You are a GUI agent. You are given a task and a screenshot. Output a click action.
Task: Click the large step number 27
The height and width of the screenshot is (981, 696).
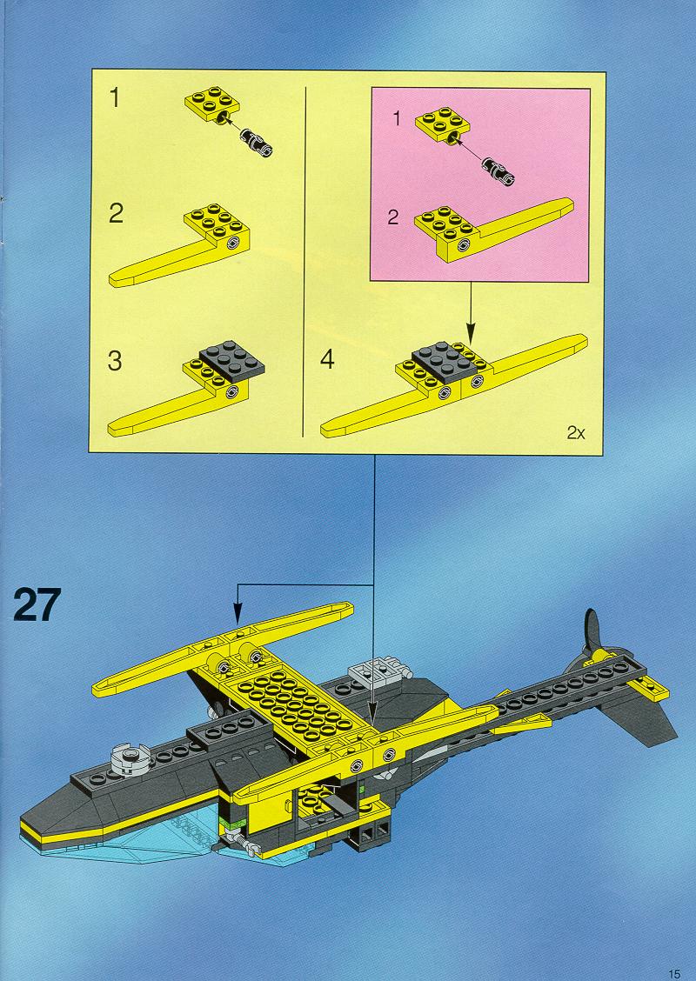pos(37,604)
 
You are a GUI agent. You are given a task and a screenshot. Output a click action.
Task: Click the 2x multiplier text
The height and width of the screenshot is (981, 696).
pos(576,432)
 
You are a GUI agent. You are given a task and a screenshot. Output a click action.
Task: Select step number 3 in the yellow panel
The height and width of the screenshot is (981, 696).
pos(115,361)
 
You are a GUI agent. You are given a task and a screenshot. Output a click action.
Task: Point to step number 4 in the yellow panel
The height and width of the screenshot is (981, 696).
pos(327,359)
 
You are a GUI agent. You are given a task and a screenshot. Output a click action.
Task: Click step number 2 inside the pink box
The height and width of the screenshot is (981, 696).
pos(393,217)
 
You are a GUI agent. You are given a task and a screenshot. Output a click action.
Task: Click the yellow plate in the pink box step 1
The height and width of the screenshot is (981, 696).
pos(443,125)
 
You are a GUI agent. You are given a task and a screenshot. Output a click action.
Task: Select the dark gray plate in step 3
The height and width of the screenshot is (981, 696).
pos(231,360)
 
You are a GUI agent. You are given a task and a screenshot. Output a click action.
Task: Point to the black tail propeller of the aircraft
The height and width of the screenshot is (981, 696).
pos(592,632)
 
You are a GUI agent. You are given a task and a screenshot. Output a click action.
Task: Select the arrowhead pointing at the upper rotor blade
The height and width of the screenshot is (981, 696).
pos(238,614)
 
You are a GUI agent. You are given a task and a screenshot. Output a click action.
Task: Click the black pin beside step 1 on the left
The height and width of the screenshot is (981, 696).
pos(256,143)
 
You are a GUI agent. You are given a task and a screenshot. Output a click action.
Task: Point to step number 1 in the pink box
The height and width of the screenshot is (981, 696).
pos(396,118)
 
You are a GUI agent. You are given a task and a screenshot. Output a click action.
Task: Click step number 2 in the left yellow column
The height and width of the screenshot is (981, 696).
pos(116,214)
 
